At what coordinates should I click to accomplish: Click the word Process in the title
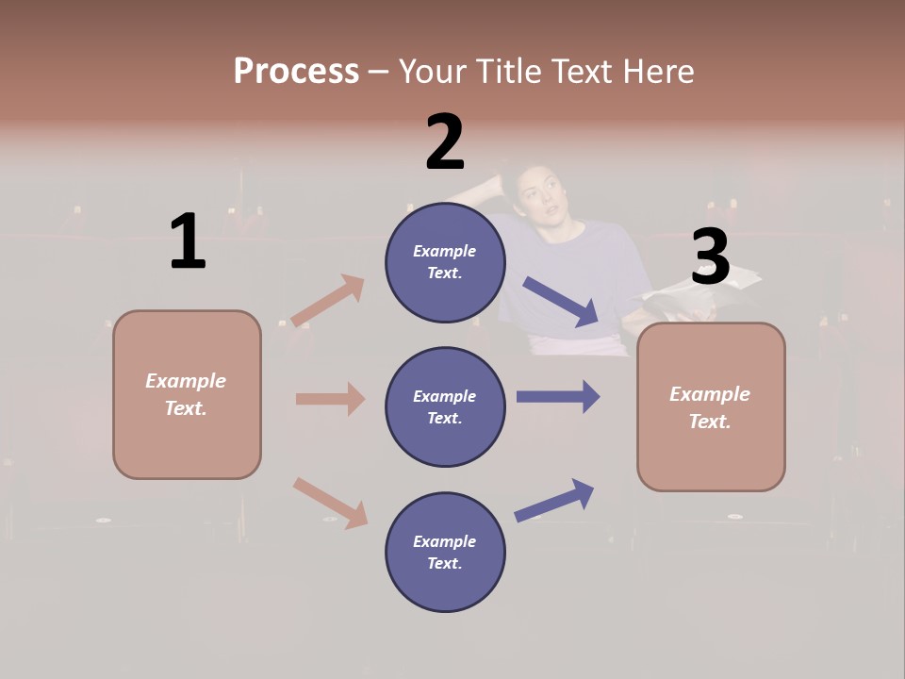click(x=296, y=71)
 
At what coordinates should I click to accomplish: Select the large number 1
click(x=188, y=242)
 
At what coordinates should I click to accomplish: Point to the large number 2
click(x=445, y=142)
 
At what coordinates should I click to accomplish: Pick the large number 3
click(x=710, y=257)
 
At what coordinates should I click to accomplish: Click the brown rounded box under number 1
click(x=187, y=394)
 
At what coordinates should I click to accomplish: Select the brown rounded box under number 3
click(x=711, y=406)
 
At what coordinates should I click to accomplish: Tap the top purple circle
click(x=445, y=261)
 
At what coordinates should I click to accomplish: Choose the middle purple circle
click(x=445, y=406)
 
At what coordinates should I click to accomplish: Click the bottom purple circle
click(x=445, y=552)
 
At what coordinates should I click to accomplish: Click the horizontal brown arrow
click(x=330, y=399)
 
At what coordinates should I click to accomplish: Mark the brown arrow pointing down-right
click(x=331, y=503)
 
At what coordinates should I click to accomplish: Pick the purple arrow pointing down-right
click(x=561, y=302)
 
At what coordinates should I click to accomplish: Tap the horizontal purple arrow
click(x=558, y=396)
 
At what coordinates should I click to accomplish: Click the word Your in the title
click(x=433, y=71)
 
